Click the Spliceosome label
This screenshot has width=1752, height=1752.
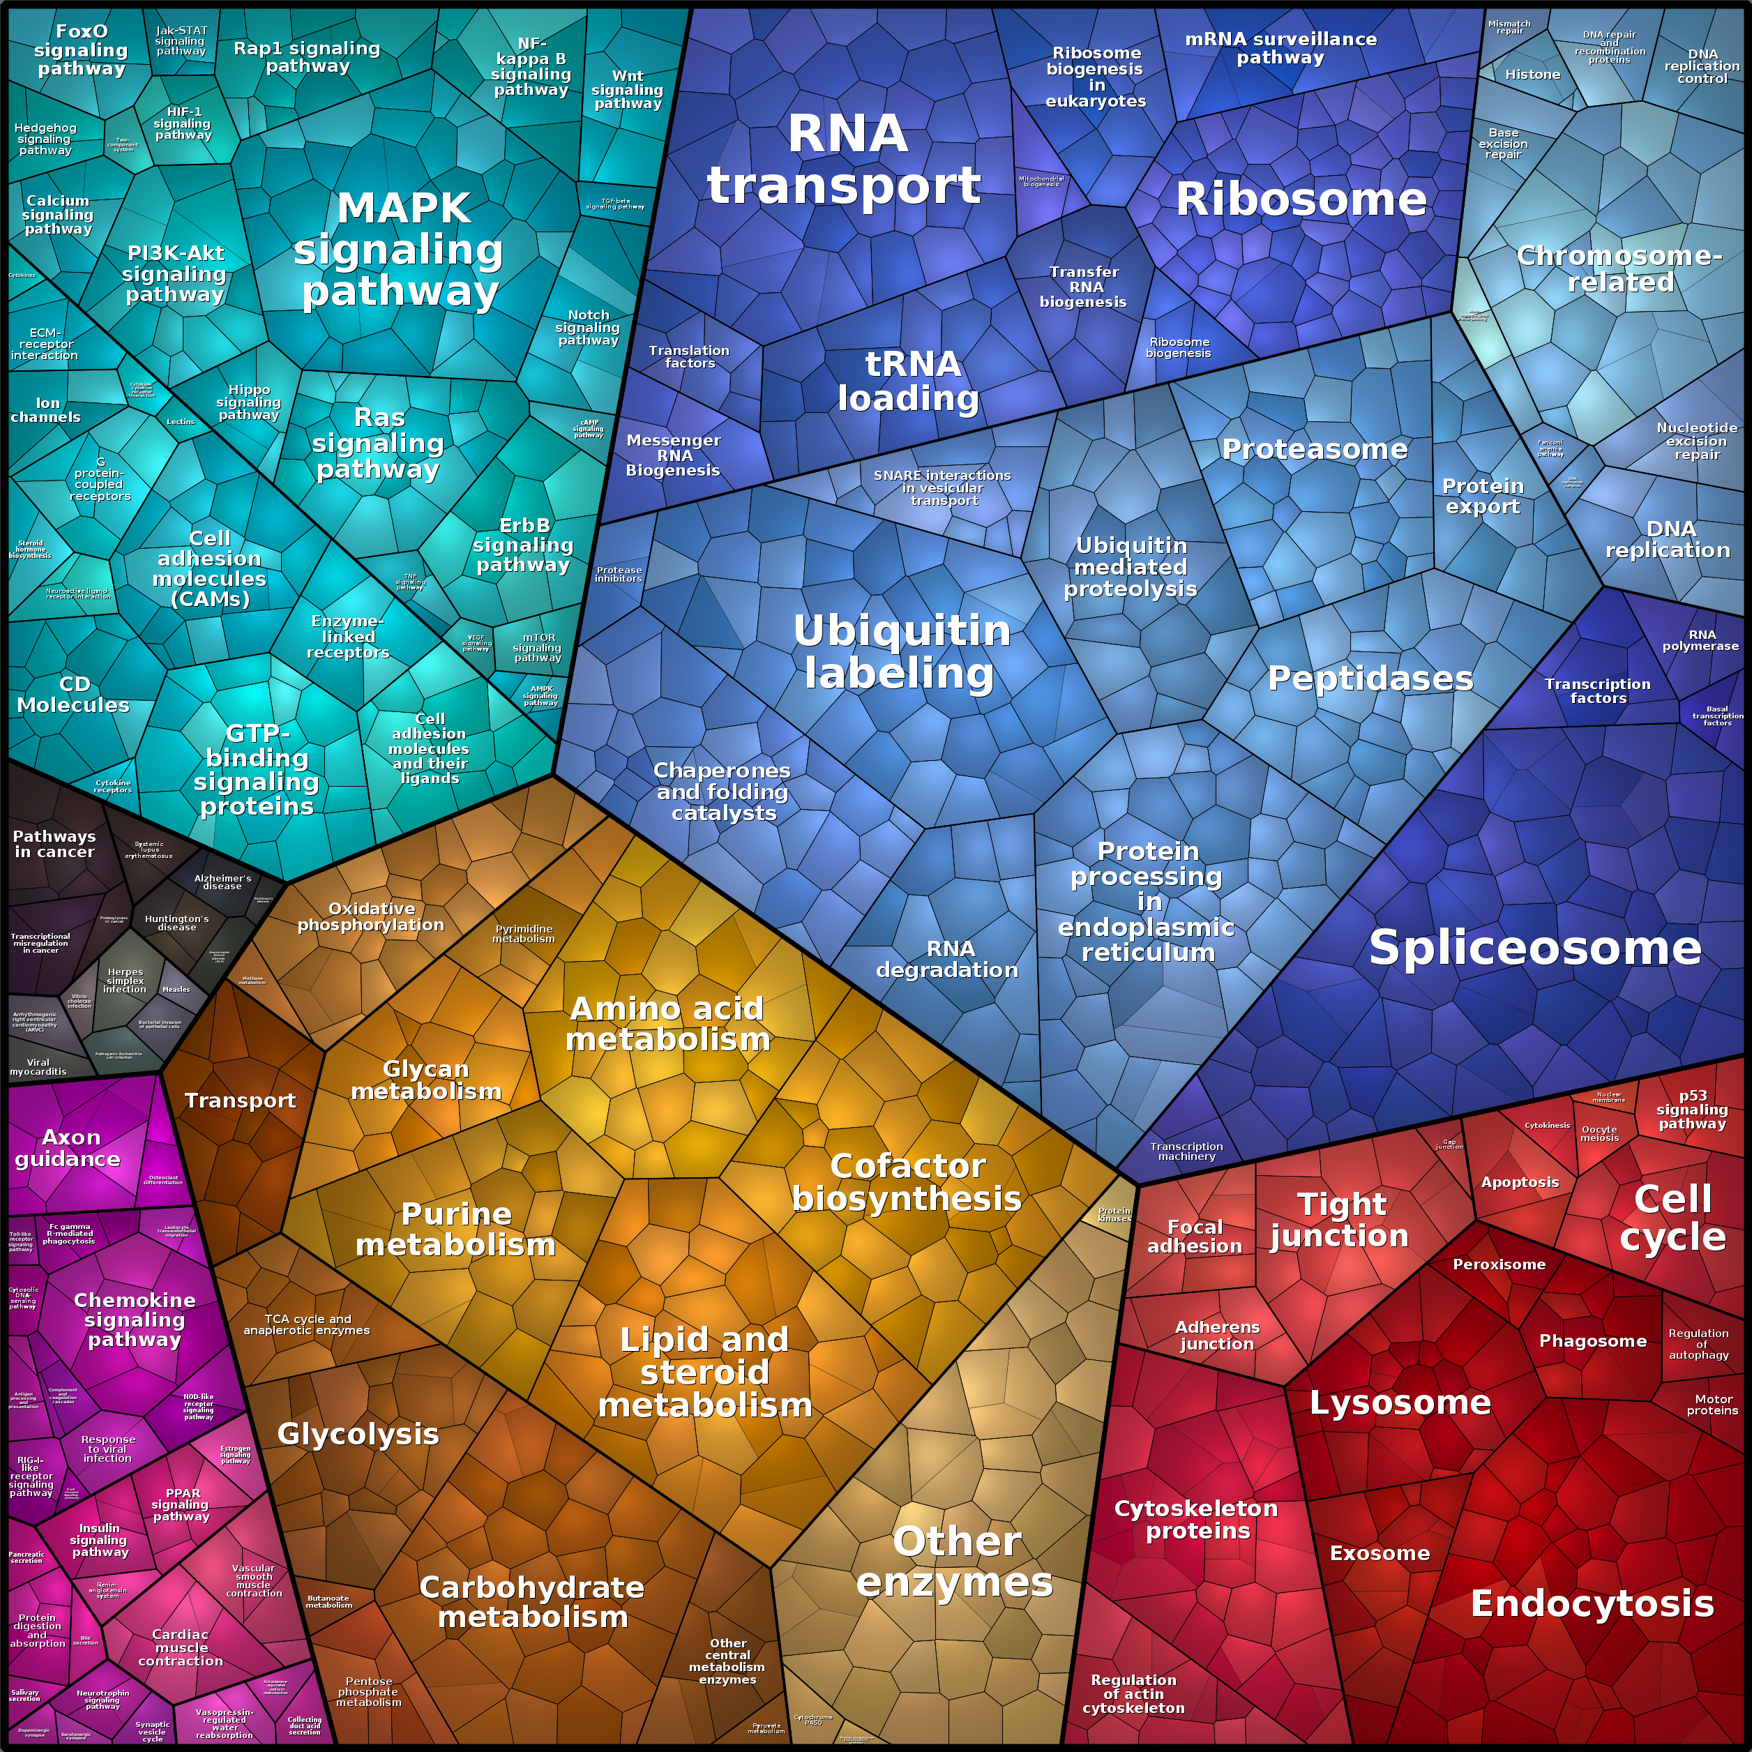(1534, 949)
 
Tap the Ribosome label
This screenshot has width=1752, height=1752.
(1300, 199)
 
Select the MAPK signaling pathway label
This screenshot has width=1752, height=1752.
(399, 250)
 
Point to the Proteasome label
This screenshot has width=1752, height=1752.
(1314, 449)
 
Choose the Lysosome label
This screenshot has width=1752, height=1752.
(1399, 1403)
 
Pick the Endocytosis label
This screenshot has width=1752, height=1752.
(1592, 1603)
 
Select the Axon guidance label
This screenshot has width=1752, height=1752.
(68, 1148)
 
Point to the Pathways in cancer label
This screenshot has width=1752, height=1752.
(54, 844)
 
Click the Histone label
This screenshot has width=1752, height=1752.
(1532, 75)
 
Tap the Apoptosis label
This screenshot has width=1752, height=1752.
(1520, 1181)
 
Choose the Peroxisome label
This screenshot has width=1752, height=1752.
(1499, 1264)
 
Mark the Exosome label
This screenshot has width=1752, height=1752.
(1380, 1553)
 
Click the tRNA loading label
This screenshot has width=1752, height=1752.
(909, 381)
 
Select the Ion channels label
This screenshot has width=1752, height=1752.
(45, 410)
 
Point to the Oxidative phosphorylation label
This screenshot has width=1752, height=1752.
(371, 917)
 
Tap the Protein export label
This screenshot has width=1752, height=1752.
(1483, 496)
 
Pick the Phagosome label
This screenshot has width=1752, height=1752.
(1592, 1341)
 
